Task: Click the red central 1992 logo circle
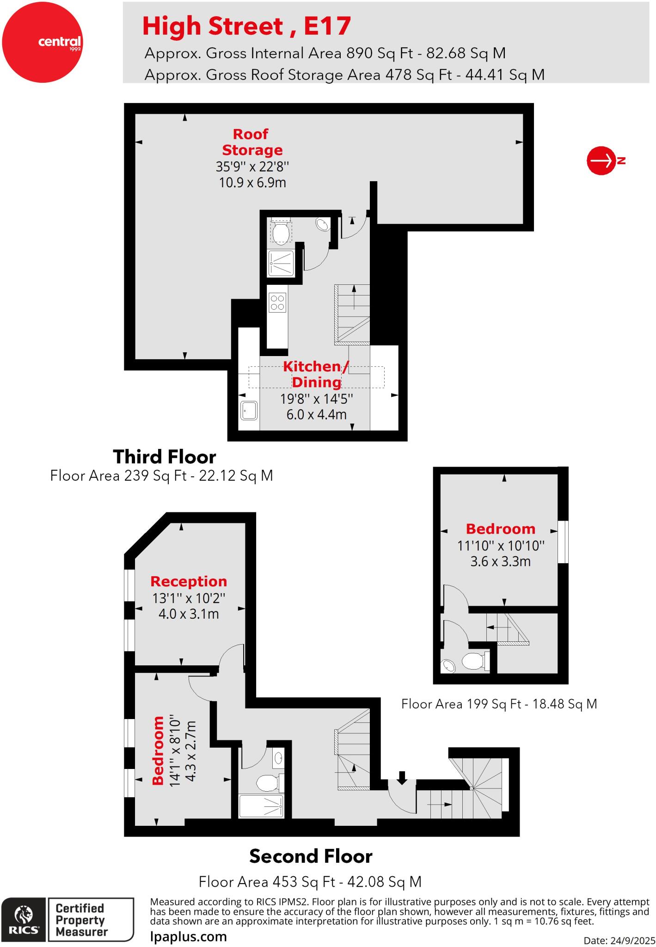coord(43,42)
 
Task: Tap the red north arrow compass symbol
coord(601,161)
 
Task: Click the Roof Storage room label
coord(252,142)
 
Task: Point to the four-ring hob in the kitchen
coord(277,303)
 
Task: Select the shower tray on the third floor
coord(281,263)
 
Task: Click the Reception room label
coord(189,581)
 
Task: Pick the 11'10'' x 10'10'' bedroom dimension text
coord(501,546)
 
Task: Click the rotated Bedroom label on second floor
coord(158,750)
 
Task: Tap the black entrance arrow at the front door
coord(402,777)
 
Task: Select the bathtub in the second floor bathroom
coord(261,806)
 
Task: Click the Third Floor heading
coord(165,457)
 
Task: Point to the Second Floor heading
coord(311,856)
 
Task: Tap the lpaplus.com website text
coord(189,937)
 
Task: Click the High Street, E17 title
coord(246,26)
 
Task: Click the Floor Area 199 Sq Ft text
coord(499,704)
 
